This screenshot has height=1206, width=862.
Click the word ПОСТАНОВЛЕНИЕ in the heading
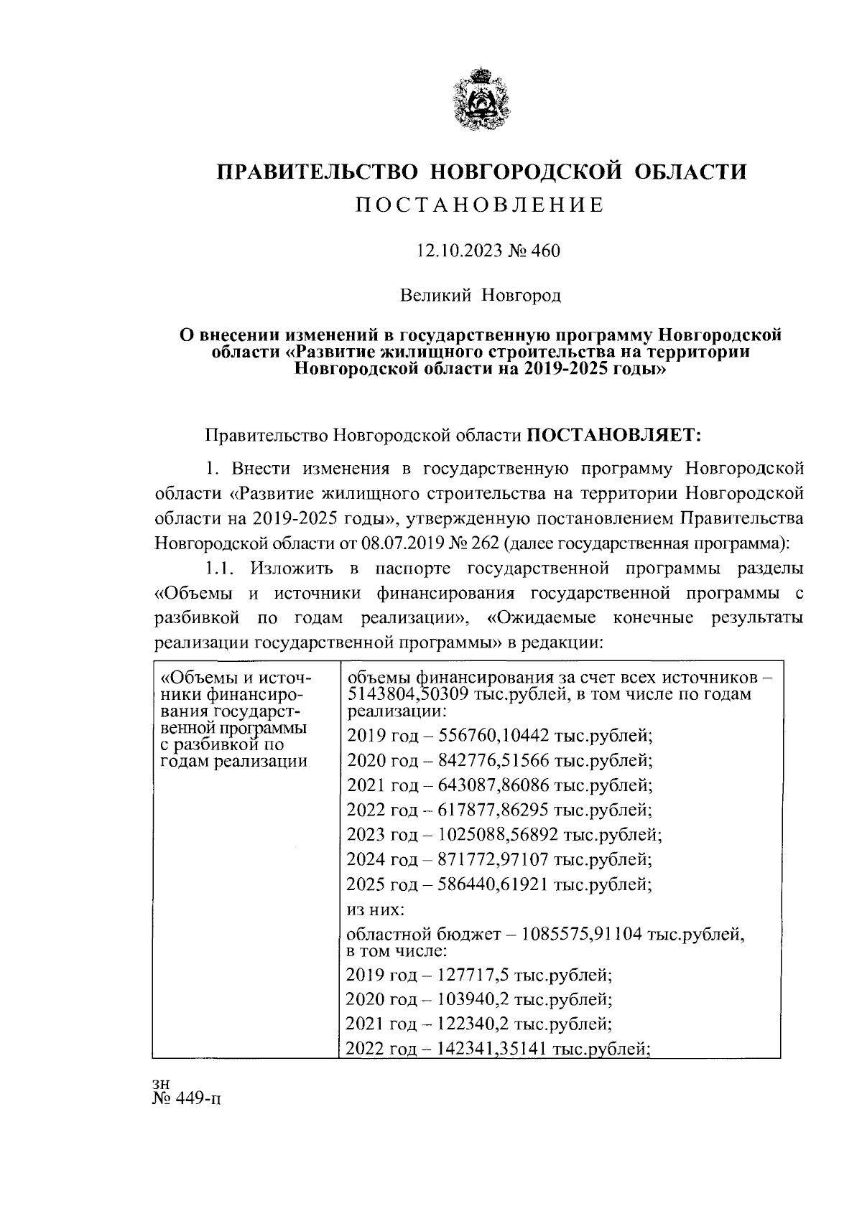pos(482,206)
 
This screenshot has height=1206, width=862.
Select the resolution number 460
pos(544,251)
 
